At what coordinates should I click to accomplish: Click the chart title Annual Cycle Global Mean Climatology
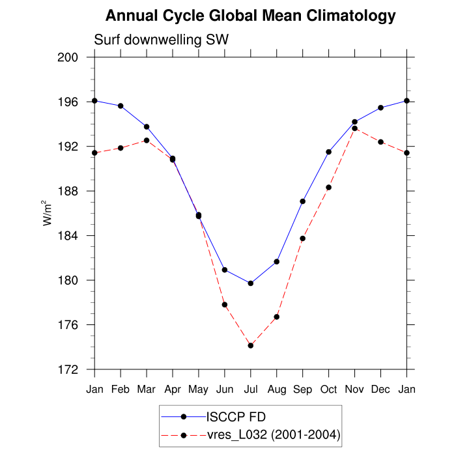point(250,16)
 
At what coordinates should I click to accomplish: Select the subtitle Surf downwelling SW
point(161,40)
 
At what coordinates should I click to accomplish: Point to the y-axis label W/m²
point(48,213)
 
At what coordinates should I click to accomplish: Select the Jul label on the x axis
point(251,390)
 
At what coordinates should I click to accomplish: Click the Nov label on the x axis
point(355,390)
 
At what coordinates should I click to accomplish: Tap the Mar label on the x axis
point(147,390)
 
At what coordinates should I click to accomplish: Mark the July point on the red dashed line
point(251,345)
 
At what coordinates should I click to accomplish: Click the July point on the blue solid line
point(251,283)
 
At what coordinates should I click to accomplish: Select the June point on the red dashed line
point(225,305)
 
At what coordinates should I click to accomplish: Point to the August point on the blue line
point(277,262)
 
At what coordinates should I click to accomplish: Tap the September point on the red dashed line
point(303,238)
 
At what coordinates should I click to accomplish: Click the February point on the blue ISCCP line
point(121,106)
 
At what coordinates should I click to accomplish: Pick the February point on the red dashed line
point(121,148)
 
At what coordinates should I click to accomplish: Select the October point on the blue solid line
point(329,152)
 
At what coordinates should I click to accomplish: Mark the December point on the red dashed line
point(381,142)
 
